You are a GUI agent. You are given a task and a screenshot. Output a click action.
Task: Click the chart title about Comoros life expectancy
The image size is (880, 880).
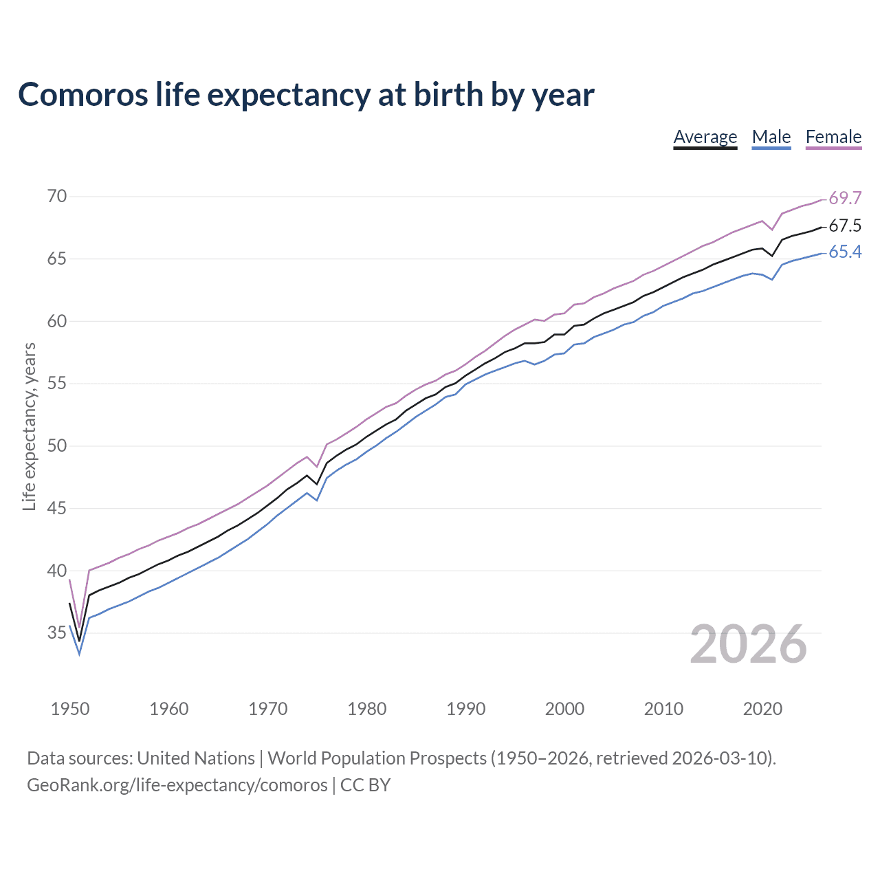306,95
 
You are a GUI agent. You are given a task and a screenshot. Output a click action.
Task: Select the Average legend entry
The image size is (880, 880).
705,137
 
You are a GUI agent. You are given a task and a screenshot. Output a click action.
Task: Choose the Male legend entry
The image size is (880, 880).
771,137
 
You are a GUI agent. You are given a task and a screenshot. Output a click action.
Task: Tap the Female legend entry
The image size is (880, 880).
833,137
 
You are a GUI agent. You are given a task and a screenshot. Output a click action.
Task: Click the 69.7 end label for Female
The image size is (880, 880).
845,198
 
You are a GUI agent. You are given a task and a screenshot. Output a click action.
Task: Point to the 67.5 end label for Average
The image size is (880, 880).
845,225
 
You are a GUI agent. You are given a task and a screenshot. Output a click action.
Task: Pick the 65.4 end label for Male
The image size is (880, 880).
845,252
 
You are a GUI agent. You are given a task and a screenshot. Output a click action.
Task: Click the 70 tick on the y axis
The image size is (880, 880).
57,197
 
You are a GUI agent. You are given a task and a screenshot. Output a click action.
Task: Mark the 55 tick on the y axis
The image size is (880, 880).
57,384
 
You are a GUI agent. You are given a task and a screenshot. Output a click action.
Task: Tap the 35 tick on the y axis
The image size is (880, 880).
57,633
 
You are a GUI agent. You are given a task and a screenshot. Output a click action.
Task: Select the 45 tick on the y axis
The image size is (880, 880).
57,509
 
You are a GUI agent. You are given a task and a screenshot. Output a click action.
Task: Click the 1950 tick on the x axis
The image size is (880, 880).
70,709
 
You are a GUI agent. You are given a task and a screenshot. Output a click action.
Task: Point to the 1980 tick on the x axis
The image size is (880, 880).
367,709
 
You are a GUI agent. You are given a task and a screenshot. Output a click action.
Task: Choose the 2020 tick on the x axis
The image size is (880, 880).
762,709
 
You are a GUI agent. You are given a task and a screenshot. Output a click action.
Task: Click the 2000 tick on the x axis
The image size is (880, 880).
564,709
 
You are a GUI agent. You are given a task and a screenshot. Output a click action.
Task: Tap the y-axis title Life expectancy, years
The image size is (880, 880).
29,427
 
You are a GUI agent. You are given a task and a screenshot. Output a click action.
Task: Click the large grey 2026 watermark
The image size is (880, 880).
748,644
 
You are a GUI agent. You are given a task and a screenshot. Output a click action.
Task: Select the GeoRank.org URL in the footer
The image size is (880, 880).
177,785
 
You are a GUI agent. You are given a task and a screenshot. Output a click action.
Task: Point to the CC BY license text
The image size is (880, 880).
366,785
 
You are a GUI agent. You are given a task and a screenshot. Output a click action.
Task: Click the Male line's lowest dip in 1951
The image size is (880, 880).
79,654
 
